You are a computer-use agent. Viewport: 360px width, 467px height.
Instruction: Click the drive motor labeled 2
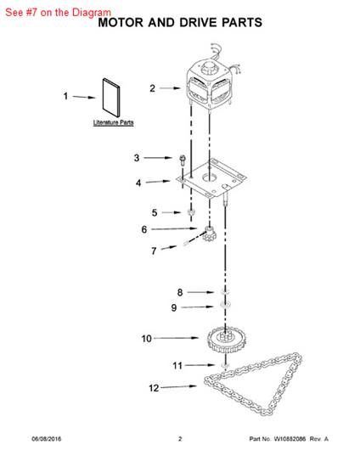[x=210, y=83]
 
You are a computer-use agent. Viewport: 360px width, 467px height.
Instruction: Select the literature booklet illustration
[x=111, y=98]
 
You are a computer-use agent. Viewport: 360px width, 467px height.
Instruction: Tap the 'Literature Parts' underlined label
[x=113, y=122]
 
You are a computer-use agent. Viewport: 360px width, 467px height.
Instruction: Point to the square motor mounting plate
[x=211, y=178]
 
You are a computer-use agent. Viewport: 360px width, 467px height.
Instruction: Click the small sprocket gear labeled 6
[x=211, y=233]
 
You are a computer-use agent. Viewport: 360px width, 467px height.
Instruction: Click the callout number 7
[x=154, y=251]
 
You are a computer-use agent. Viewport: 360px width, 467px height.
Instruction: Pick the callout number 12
[x=154, y=388]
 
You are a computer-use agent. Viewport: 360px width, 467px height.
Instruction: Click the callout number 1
[x=65, y=96]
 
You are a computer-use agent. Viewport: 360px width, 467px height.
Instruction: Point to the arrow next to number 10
[x=176, y=338]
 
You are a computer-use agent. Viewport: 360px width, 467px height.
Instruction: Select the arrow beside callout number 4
[x=158, y=182]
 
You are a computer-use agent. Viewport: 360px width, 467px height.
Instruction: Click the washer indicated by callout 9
[x=225, y=305]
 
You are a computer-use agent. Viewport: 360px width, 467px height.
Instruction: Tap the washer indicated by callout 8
[x=225, y=291]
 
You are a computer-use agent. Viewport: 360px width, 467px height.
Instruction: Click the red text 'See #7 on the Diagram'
[x=59, y=13]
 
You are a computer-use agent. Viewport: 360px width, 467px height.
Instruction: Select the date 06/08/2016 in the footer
[x=47, y=439]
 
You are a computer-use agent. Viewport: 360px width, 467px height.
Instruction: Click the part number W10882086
[x=290, y=439]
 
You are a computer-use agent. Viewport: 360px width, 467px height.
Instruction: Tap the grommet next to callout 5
[x=190, y=212]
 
